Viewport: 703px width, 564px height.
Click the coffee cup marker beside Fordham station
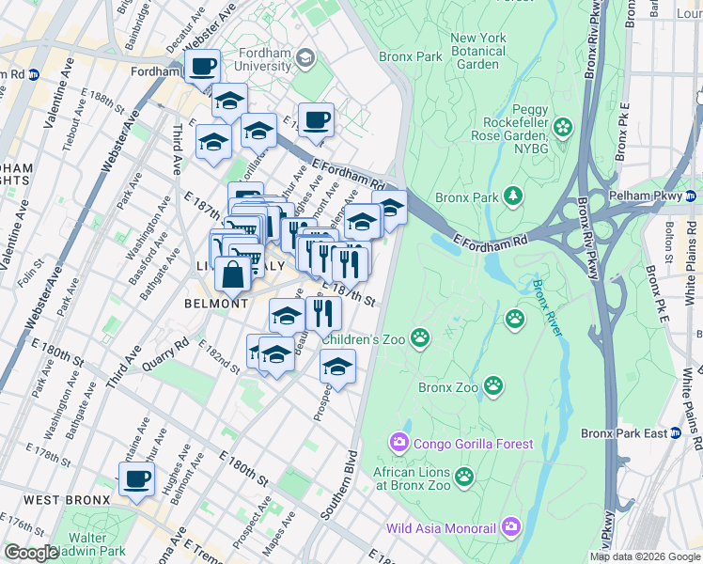(202, 68)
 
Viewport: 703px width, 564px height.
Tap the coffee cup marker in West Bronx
(136, 479)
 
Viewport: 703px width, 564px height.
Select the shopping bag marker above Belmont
(232, 275)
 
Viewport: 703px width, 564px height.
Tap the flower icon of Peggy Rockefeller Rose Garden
(563, 127)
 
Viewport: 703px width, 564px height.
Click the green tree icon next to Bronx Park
(513, 196)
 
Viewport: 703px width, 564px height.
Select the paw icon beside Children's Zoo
(420, 337)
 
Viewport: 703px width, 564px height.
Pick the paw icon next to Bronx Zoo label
(493, 385)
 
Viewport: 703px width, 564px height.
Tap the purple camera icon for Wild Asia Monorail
(510, 527)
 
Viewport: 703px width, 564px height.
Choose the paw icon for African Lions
(463, 478)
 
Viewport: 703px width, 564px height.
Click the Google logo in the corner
(31, 553)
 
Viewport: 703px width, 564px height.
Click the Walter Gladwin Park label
(80, 544)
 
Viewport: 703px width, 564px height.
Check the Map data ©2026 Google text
(645, 556)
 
